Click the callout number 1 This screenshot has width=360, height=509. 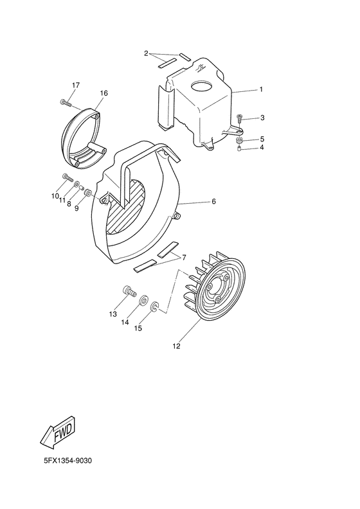pos(260,90)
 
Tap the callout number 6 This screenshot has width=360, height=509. pos(213,202)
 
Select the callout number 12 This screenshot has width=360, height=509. pos(176,346)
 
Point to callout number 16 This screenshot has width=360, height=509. pos(104,93)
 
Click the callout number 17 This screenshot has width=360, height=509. pos(76,85)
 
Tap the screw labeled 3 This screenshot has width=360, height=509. pos(240,118)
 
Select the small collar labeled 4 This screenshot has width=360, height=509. pos(240,149)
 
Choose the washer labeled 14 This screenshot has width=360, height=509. pos(143,299)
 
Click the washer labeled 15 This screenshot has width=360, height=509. pos(155,310)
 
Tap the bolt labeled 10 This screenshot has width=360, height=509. pos(66,177)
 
